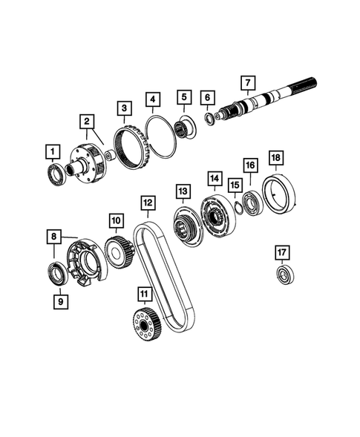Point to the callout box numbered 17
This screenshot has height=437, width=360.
click(x=281, y=252)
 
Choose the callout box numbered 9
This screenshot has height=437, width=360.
click(x=56, y=300)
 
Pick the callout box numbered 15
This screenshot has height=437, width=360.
click(x=235, y=185)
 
